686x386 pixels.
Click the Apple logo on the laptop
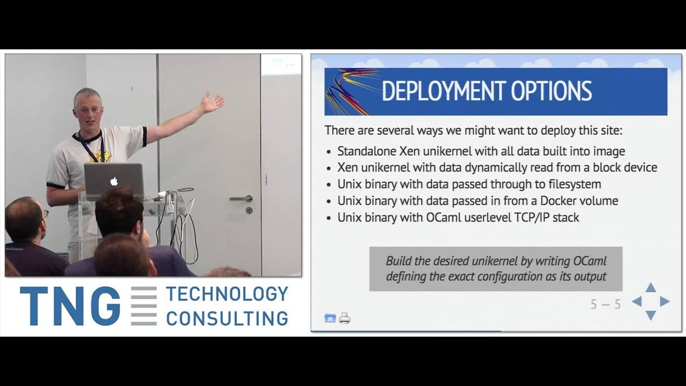coord(114,181)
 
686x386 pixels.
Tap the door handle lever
coord(241,199)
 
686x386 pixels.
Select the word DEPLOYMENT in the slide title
coord(443,91)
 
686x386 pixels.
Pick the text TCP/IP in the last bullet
coord(532,218)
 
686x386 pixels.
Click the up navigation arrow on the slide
coord(651,288)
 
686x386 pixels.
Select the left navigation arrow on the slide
coord(637,301)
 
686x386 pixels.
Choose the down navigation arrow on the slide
coord(651,315)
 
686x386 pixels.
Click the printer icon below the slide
coord(345,318)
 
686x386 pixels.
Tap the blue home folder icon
coord(330,318)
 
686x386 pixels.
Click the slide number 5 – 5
coord(606,305)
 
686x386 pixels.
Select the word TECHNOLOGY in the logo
coord(227,294)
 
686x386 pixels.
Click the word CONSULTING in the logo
coord(227,318)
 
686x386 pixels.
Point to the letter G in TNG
coord(103,306)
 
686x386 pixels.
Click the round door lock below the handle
coord(249,211)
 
